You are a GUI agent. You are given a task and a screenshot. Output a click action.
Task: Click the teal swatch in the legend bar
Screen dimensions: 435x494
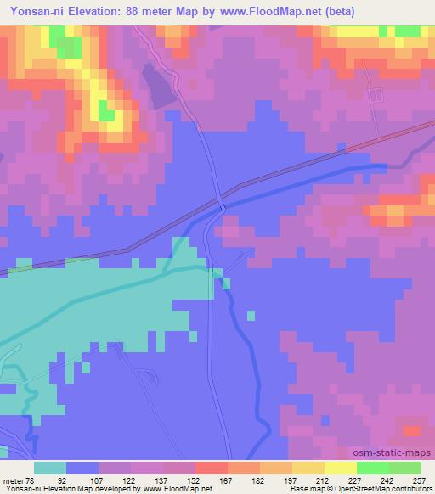click(50, 468)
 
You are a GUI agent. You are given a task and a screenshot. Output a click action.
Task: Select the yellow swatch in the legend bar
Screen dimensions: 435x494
click(340, 468)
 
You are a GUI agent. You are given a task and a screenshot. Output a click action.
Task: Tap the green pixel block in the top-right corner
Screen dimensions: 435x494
click(409, 31)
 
